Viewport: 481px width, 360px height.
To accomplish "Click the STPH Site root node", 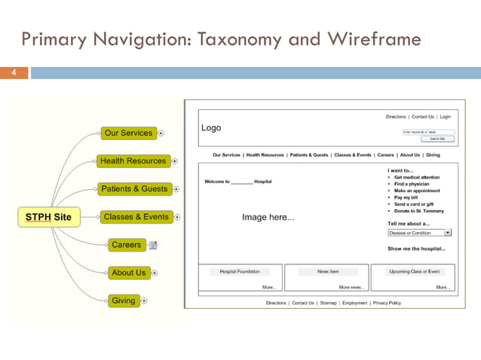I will [x=48, y=217].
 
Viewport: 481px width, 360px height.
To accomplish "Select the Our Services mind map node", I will [x=128, y=133].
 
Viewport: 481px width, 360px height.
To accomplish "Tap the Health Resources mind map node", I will [x=133, y=161].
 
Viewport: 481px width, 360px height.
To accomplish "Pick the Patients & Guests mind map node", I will [x=134, y=189].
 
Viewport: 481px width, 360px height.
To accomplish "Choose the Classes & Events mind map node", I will [x=136, y=217].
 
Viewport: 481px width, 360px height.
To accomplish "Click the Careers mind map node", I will [x=126, y=245].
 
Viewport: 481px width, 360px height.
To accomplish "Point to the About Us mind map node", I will [x=128, y=273].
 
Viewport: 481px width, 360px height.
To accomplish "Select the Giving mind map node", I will [x=123, y=301].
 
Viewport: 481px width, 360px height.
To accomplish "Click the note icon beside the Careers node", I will [x=153, y=245].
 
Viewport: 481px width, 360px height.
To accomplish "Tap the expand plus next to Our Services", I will [x=161, y=133].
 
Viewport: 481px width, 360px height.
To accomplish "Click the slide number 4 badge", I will [x=14, y=73].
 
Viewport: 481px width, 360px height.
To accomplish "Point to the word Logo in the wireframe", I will [x=212, y=128].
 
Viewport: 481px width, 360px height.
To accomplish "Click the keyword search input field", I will [x=427, y=132].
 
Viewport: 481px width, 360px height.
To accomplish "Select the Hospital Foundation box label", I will [x=240, y=271].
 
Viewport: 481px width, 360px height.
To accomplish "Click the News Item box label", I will [x=327, y=271].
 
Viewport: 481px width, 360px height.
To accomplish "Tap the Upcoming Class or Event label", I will [x=415, y=271].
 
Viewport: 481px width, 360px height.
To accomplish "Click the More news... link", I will [x=351, y=287].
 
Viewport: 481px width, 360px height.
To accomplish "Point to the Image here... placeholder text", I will [x=268, y=218].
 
